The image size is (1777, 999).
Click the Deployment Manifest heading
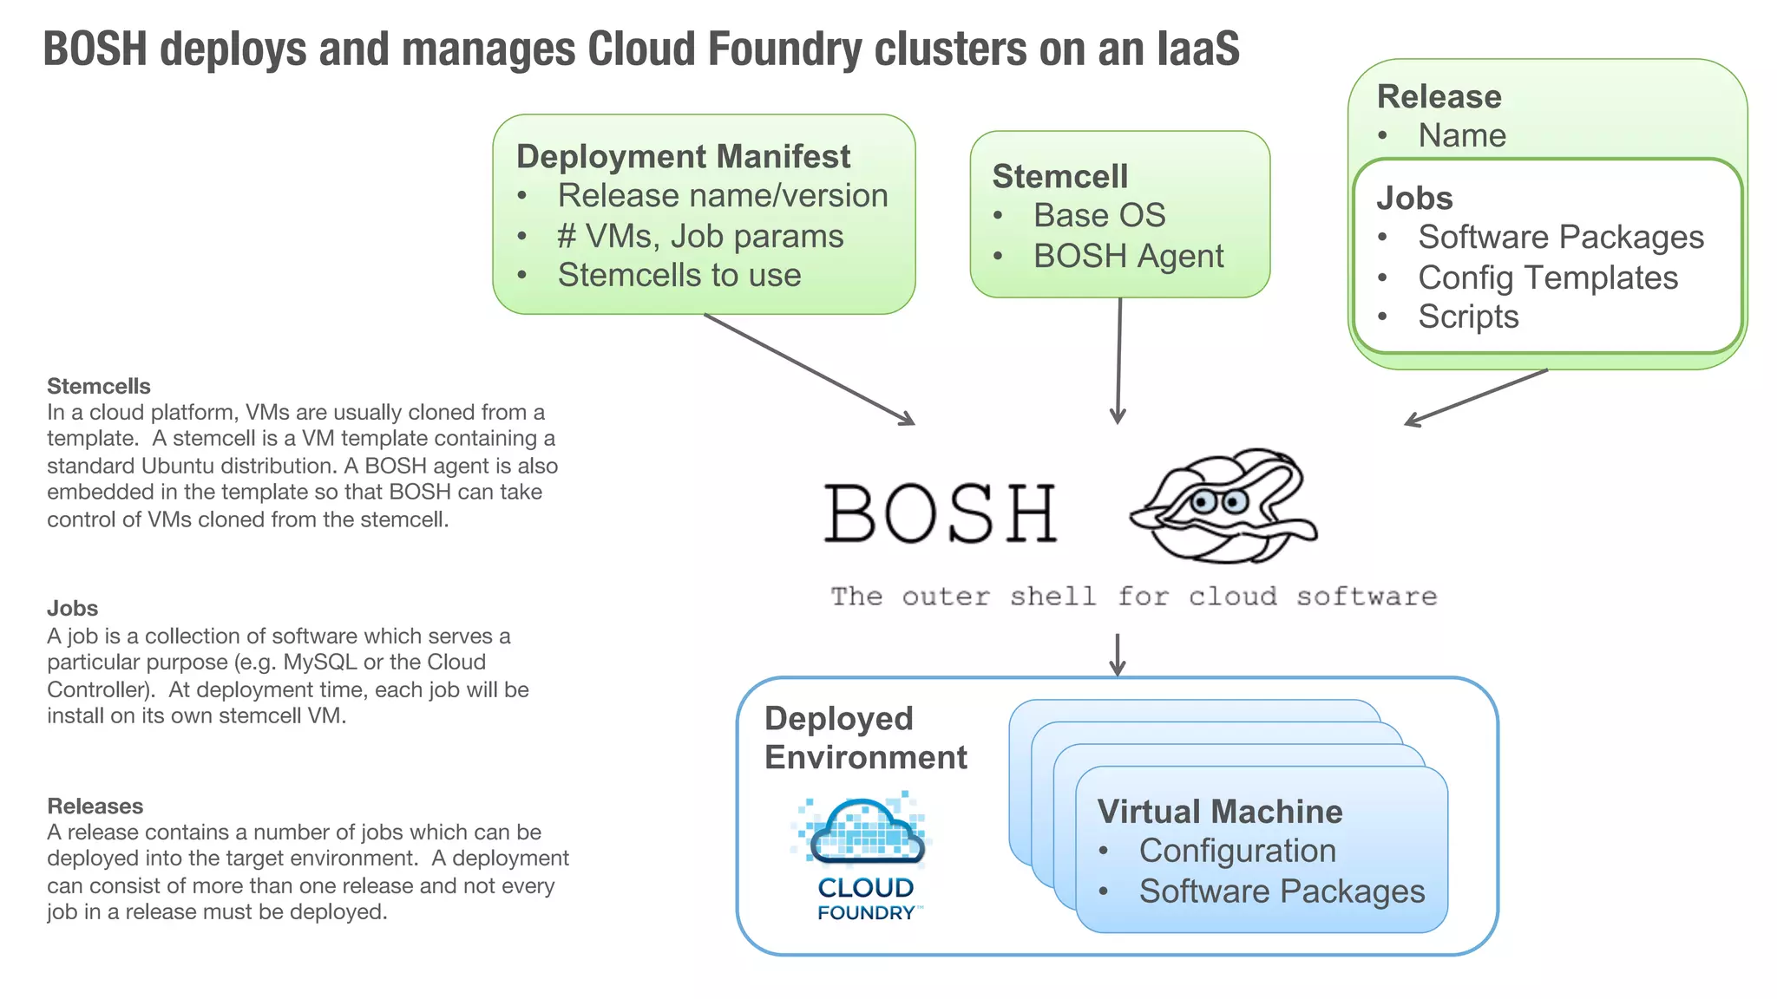[683, 157]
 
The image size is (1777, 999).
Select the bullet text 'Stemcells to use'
[679, 276]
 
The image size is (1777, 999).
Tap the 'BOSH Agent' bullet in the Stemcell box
[1128, 257]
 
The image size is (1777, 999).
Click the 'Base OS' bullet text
[1098, 216]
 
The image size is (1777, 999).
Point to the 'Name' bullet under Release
[1461, 136]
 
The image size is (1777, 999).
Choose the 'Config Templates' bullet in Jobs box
[1547, 278]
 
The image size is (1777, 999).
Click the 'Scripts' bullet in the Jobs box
[1468, 317]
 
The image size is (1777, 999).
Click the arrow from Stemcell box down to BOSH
[1118, 361]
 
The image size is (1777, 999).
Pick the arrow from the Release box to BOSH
[1475, 397]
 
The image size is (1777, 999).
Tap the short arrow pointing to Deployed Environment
[1118, 655]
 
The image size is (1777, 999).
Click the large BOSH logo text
[940, 514]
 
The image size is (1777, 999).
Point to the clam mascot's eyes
[1219, 501]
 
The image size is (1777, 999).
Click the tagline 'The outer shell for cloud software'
[1133, 597]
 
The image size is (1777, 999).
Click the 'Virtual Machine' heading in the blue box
[1219, 813]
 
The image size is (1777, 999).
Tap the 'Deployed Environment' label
[864, 738]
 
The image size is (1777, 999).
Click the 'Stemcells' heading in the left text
[98, 387]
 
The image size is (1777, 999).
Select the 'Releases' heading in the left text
[95, 806]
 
